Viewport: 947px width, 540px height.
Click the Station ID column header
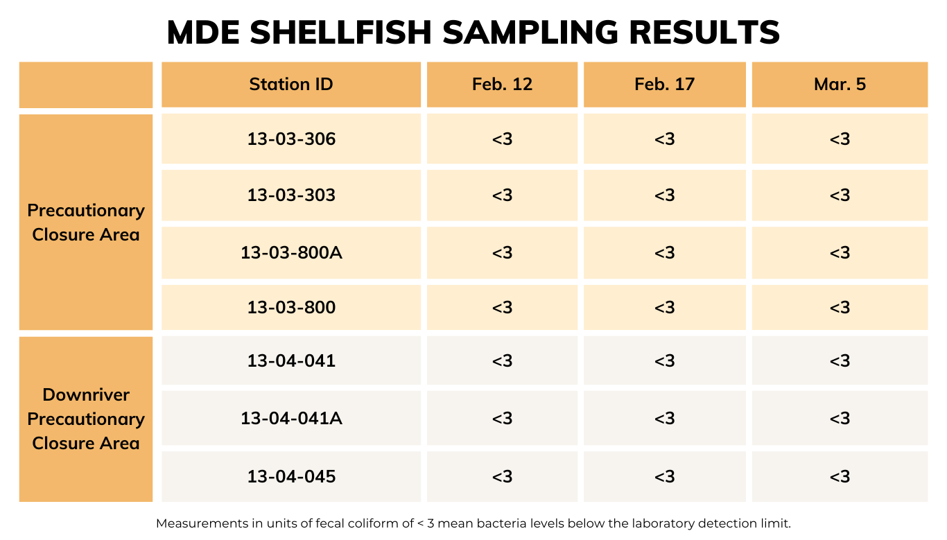291,85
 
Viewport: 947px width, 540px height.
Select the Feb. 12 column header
502,85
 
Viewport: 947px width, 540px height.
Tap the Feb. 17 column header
664,85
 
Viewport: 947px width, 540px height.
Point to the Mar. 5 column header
840,85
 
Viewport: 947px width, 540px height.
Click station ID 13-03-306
291,139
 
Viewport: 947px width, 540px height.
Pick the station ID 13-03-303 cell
291,195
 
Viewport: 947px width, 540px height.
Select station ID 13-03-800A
291,252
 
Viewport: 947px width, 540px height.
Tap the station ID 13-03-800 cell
291,307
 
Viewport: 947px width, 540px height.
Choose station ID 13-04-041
291,361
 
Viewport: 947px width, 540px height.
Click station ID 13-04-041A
291,419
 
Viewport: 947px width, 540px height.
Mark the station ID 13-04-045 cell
291,477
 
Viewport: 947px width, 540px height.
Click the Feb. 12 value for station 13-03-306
502,139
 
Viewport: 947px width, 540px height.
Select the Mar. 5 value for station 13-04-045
840,477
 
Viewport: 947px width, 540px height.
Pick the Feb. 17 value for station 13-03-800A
664,252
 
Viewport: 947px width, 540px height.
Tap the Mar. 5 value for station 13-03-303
840,195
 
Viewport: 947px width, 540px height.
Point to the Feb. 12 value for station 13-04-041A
502,419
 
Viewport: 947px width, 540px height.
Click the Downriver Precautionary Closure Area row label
86,419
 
